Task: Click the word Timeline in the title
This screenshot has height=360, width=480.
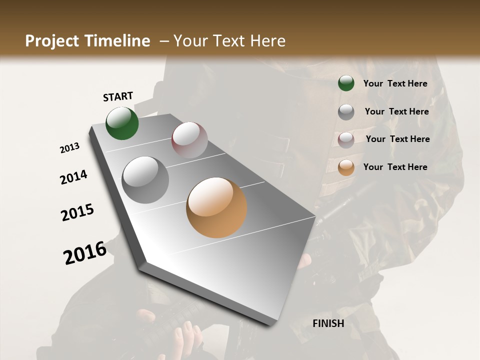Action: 118,41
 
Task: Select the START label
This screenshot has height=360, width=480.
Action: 118,96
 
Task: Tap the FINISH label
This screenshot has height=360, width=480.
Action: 328,323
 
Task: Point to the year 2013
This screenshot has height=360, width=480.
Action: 70,148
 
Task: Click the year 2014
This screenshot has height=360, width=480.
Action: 74,177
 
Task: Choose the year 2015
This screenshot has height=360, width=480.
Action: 77,212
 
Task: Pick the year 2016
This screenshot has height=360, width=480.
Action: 85,253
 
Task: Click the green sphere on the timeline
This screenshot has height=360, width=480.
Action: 122,123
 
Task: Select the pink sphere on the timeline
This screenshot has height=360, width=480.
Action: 189,139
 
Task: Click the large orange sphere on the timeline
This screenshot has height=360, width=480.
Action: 216,207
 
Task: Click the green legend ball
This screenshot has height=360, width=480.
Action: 346,83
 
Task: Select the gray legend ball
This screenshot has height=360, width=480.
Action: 346,112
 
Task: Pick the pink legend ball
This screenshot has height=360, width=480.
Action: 346,140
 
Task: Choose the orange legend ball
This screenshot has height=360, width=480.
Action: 346,167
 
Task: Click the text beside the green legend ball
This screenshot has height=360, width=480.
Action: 395,83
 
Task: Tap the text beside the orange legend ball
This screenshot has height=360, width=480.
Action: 395,167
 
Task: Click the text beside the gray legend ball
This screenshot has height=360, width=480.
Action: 397,111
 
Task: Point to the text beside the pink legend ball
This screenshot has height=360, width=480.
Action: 398,139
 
